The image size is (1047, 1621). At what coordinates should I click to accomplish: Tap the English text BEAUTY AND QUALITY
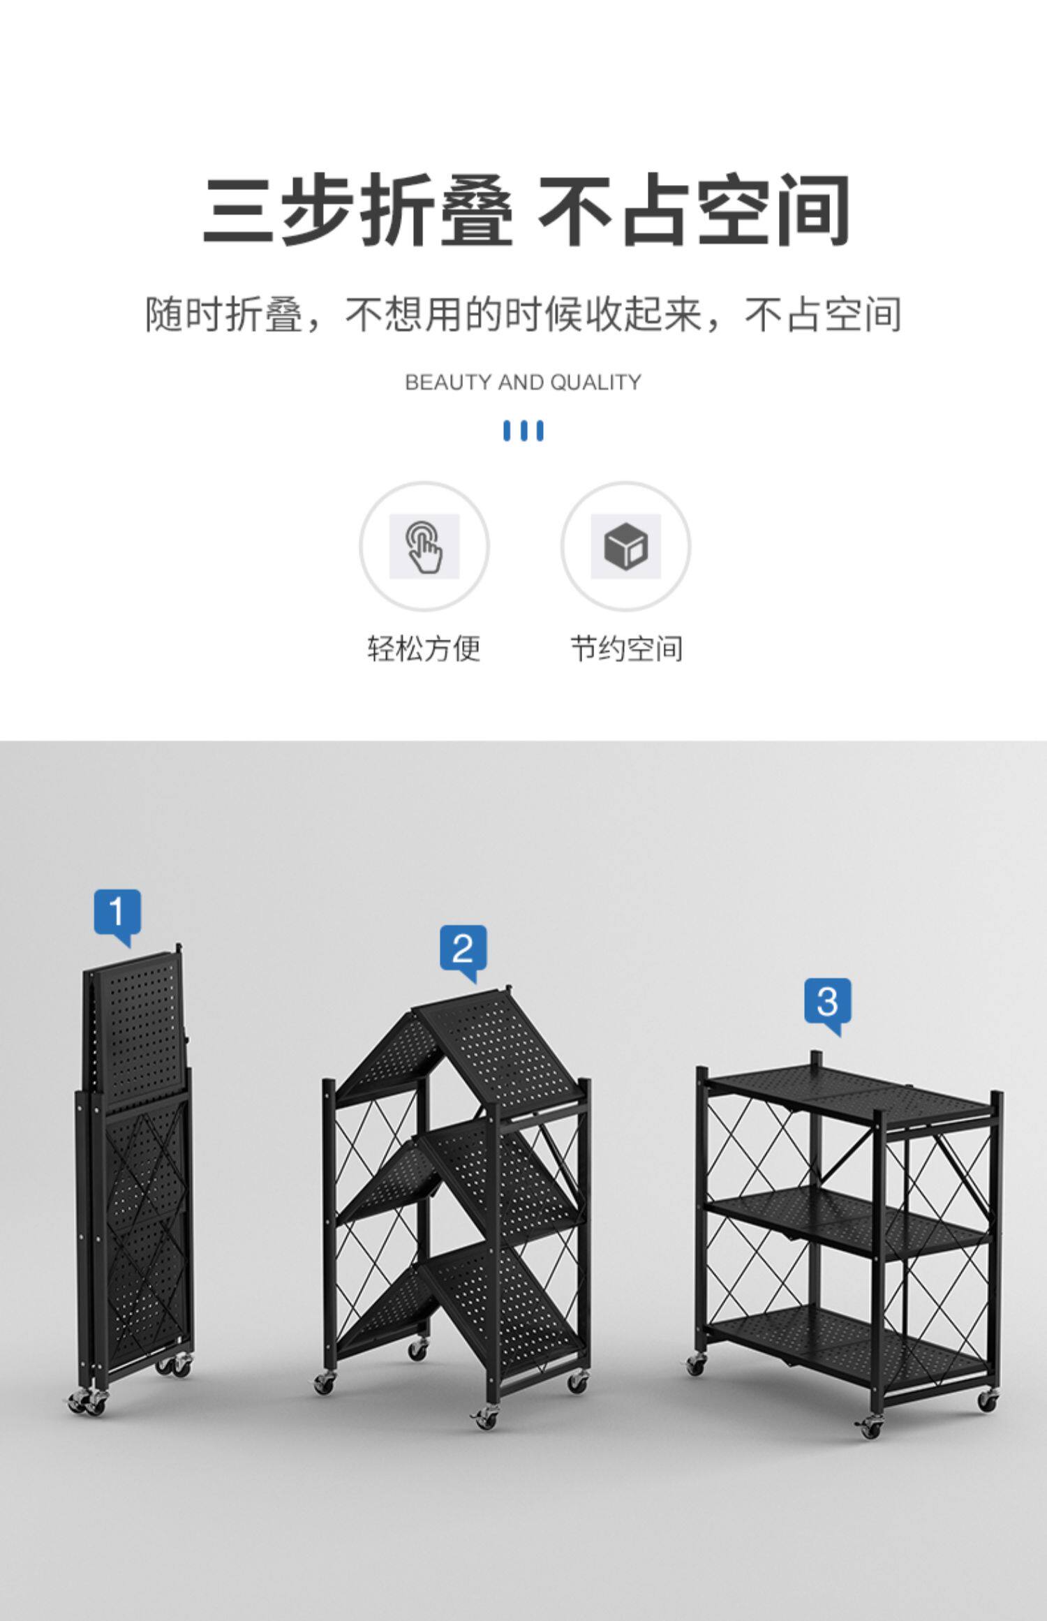click(523, 383)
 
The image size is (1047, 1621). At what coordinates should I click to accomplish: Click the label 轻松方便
click(424, 648)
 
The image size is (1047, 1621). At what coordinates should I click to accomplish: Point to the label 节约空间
click(626, 648)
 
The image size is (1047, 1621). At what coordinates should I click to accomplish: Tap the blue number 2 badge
click(463, 949)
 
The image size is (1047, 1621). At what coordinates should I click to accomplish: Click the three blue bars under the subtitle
click(523, 431)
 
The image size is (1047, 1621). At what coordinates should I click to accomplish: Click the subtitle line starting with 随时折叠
click(523, 315)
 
